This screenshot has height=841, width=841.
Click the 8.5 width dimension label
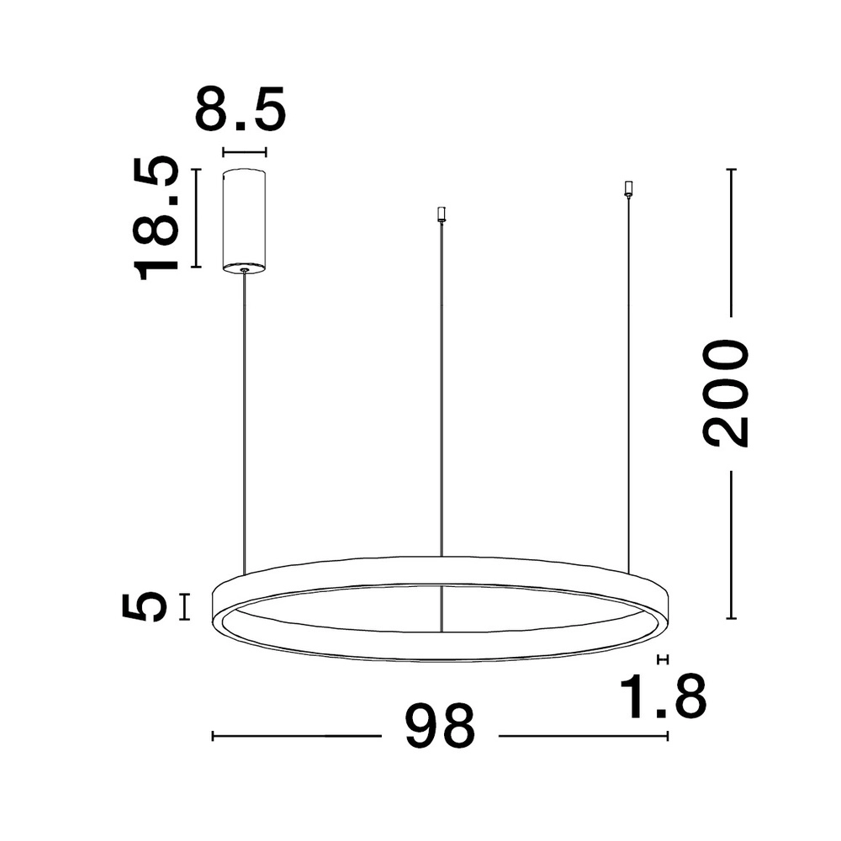point(241,108)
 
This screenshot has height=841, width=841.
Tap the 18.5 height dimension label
point(156,219)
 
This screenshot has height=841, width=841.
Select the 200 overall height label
point(725,393)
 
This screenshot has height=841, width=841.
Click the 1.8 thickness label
point(663,696)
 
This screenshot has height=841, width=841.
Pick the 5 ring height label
point(145,606)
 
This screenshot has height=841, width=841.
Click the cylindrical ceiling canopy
point(245,220)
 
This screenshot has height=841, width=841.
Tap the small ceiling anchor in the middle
point(442,214)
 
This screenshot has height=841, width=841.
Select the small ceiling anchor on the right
point(628,188)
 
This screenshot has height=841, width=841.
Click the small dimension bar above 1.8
point(663,659)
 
